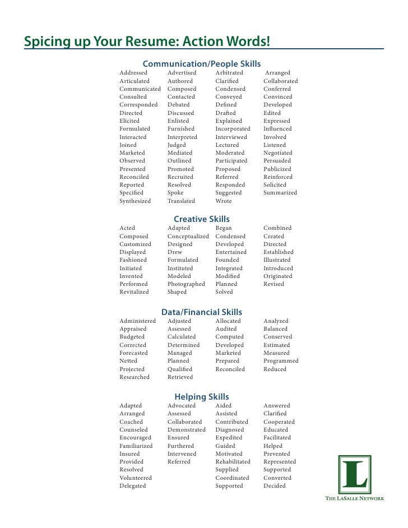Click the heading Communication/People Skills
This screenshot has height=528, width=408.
202,64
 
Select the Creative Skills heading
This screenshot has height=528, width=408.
202,219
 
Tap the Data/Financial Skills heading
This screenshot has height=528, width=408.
202,312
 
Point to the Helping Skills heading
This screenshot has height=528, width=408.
202,397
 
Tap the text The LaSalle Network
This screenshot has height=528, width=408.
355,498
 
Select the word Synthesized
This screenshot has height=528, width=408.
135,201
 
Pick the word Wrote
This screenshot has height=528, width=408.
224,201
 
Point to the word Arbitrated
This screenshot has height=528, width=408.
229,73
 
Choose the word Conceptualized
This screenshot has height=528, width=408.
188,237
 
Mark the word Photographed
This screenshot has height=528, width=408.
186,284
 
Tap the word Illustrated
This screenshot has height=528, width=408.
277,260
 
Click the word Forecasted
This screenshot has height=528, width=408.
133,353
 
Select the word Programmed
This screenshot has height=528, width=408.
281,362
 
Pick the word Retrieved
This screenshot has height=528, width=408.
180,377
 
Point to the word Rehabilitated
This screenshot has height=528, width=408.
233,462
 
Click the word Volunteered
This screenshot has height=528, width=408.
136,478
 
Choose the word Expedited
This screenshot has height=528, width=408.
229,438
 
